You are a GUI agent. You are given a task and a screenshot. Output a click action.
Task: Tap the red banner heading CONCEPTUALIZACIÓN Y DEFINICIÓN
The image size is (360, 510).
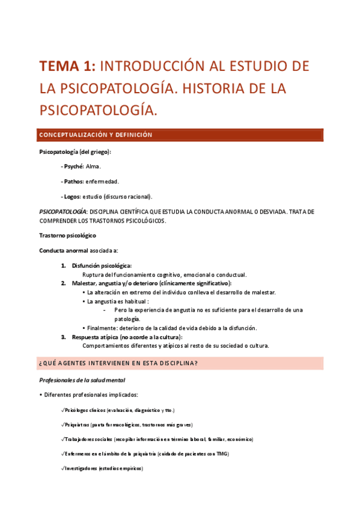96,135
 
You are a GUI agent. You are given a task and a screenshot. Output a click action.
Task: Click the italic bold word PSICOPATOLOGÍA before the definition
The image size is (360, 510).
63,212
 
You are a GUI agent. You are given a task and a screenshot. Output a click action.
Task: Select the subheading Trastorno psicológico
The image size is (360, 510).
67,235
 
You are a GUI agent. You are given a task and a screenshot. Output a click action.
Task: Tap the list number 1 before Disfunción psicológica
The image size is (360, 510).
63,265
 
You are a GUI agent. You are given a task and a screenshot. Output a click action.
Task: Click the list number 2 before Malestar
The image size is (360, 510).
63,283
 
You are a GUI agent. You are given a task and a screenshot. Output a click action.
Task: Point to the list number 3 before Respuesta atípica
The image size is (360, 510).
63,337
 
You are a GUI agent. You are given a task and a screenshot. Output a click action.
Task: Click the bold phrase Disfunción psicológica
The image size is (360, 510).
102,265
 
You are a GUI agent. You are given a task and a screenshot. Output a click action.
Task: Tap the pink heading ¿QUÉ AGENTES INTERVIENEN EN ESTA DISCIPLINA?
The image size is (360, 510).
118,364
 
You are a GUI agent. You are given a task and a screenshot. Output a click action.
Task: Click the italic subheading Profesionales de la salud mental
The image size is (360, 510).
82,380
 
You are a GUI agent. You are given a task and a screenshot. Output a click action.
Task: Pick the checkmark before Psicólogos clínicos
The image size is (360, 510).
63,410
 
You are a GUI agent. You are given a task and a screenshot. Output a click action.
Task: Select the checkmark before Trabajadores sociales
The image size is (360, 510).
63,439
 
